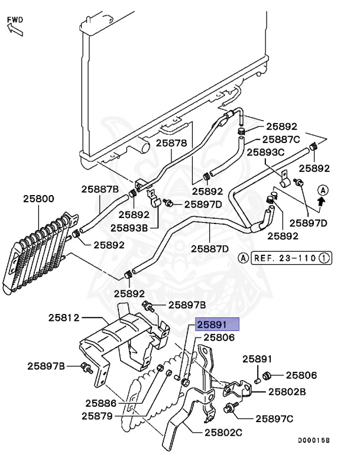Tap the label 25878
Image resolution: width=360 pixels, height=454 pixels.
click(x=171, y=143)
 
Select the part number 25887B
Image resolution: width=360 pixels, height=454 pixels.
click(x=100, y=189)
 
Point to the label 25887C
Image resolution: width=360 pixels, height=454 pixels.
click(x=281, y=140)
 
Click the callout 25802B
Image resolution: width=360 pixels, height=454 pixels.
click(x=287, y=391)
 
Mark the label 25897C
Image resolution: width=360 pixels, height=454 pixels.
click(x=274, y=419)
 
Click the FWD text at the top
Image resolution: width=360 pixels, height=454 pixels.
click(x=15, y=20)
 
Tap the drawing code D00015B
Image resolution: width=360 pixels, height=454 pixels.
click(x=313, y=440)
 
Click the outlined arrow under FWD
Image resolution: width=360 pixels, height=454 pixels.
click(x=14, y=31)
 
